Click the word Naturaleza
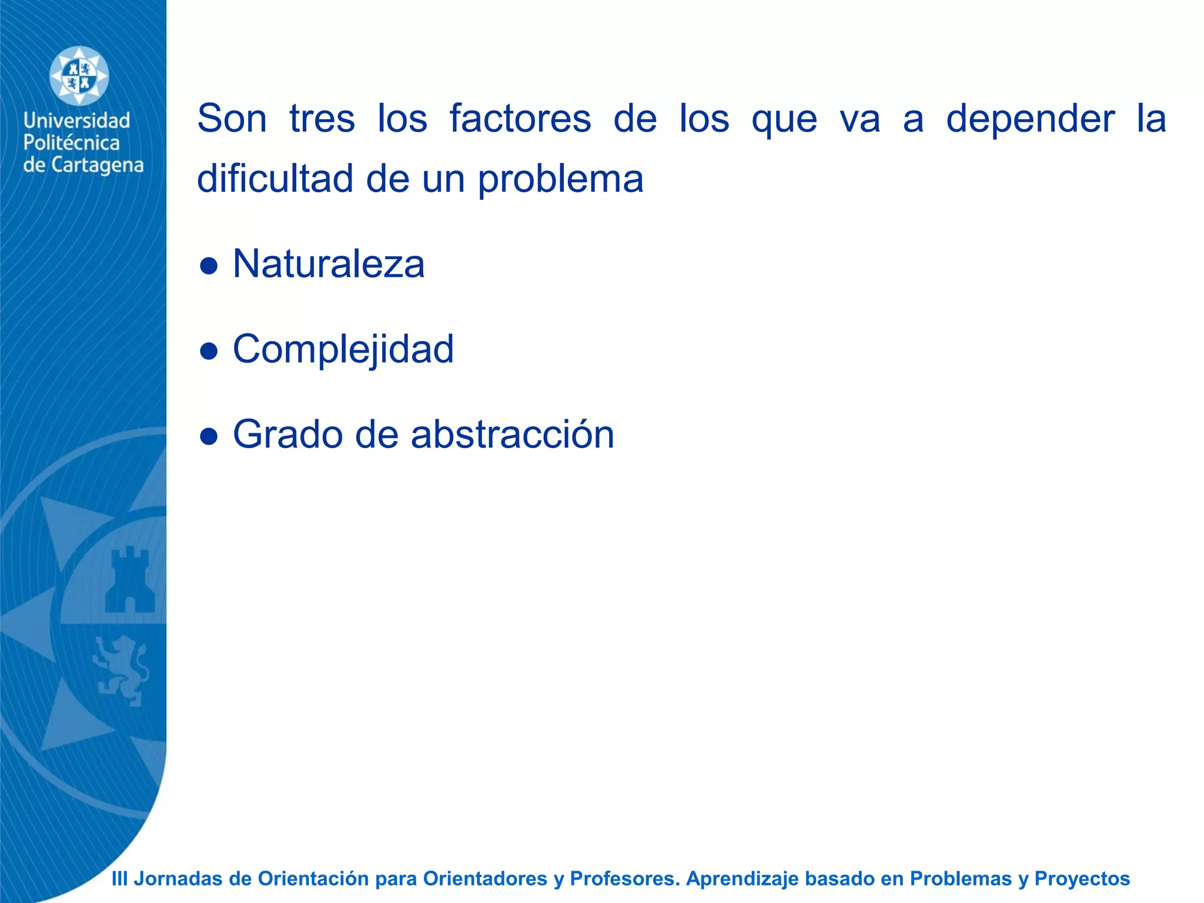[328, 265]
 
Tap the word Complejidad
[343, 350]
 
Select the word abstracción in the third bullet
[512, 435]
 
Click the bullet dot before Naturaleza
[209, 266]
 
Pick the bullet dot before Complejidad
[209, 352]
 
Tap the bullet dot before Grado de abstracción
[209, 437]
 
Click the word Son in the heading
[232, 119]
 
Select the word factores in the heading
[520, 119]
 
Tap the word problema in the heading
[560, 180]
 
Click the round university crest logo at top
[79, 76]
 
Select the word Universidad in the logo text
[76, 121]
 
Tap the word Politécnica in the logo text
[71, 143]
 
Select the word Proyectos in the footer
[1082, 878]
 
